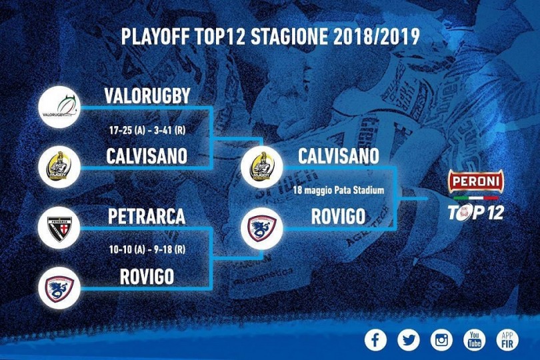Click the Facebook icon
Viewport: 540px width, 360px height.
[375, 340]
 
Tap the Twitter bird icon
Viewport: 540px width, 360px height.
[409, 340]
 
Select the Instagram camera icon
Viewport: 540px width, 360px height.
[441, 340]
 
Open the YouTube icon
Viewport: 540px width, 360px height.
[475, 340]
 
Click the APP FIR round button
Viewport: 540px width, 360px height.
[507, 340]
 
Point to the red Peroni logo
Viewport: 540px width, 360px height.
[475, 181]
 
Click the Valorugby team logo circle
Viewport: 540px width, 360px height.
[59, 107]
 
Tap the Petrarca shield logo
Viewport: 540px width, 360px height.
[59, 228]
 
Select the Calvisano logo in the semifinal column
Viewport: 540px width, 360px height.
[59, 167]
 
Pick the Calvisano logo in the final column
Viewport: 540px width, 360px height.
[262, 167]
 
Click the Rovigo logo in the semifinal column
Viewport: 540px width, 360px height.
[59, 287]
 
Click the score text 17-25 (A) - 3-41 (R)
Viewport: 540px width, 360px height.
[147, 131]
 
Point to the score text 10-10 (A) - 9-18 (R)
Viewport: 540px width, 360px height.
[147, 249]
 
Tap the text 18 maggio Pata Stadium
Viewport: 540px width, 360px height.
[338, 190]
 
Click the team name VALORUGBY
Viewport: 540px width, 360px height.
[147, 96]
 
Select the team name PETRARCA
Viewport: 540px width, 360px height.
[147, 217]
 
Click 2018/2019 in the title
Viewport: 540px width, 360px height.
[377, 37]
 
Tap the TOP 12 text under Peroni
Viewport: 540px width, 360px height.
[475, 212]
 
